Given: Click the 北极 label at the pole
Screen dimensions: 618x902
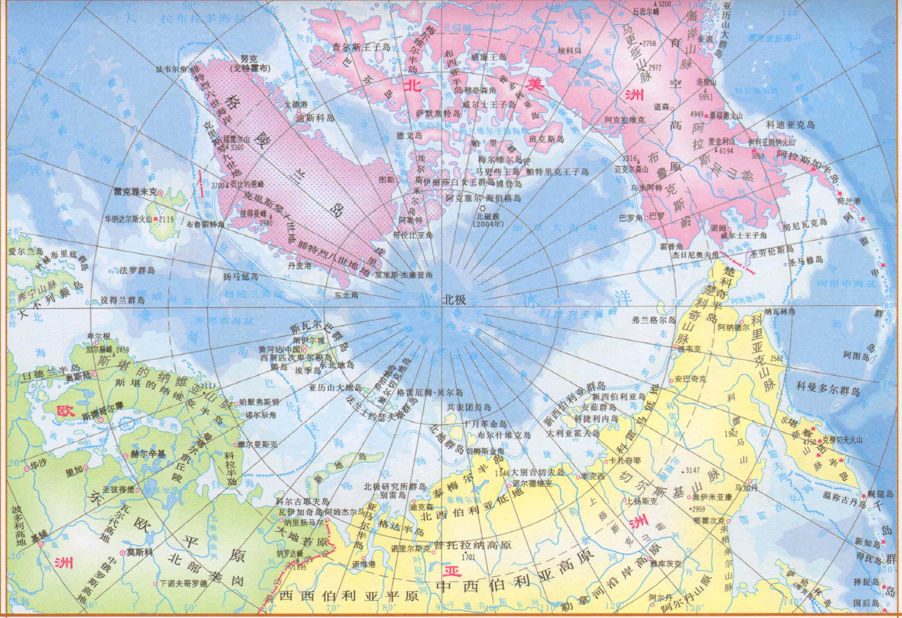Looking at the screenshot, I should pyautogui.click(x=454, y=300).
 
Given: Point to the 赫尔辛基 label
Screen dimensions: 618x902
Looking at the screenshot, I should pyautogui.click(x=148, y=454).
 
